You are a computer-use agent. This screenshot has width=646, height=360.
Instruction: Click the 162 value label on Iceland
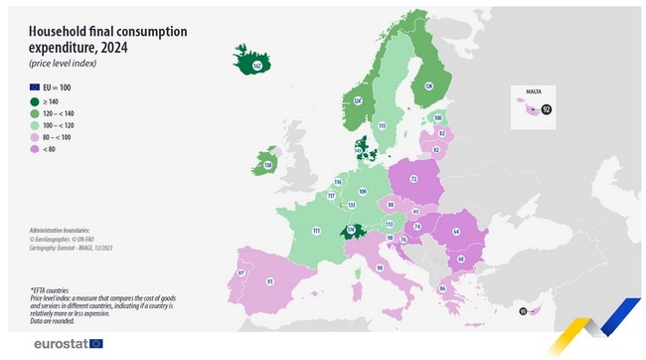(256, 67)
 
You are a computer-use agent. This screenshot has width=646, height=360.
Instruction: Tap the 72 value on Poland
(412, 180)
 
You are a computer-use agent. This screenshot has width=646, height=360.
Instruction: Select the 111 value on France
(316, 230)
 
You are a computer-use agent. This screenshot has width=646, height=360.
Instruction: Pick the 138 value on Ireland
(267, 164)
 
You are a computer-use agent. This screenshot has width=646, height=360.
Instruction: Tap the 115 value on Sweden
(382, 125)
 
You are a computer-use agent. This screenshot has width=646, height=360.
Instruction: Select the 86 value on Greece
(441, 288)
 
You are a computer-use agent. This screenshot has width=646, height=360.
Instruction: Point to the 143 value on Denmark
(358, 150)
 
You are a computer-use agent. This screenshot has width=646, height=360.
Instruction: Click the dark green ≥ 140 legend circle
(36, 101)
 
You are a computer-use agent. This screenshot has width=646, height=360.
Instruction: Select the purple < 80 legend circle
(36, 149)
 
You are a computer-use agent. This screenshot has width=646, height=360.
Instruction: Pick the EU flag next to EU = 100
(36, 88)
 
